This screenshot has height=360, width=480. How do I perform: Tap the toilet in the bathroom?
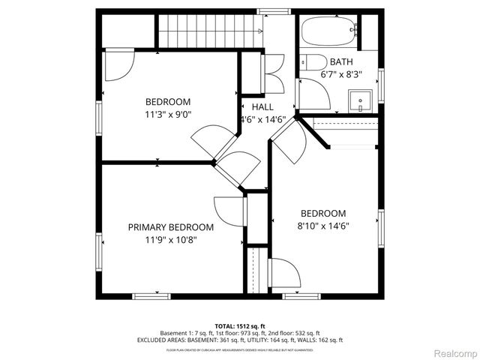[314, 61]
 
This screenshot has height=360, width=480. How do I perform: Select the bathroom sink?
[361, 100]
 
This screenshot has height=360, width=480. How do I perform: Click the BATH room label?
[341, 61]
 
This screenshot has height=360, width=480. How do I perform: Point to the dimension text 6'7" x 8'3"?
[341, 74]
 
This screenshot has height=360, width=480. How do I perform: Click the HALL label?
[262, 107]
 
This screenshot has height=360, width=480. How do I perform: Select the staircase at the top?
[208, 31]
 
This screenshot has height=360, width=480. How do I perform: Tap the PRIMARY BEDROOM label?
[170, 227]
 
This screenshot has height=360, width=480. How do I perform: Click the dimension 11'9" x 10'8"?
[170, 240]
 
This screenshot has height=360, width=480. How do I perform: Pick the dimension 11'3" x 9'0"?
[168, 115]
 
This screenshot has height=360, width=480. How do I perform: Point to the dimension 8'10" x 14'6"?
[323, 226]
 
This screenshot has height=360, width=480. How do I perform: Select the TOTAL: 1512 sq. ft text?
[239, 325]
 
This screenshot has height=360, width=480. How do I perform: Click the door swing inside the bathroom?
[311, 94]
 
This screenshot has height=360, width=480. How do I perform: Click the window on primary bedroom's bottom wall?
[151, 295]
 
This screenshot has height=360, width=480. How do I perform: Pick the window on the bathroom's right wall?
[381, 83]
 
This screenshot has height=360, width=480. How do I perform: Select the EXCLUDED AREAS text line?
[239, 340]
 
